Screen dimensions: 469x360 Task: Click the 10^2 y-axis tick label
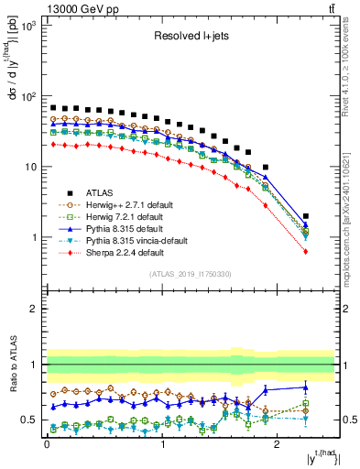29,96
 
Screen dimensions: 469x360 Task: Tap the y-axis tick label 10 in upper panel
32,167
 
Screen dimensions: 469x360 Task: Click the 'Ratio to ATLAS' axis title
13,365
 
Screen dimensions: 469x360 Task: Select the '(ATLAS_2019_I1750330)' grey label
190,274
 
